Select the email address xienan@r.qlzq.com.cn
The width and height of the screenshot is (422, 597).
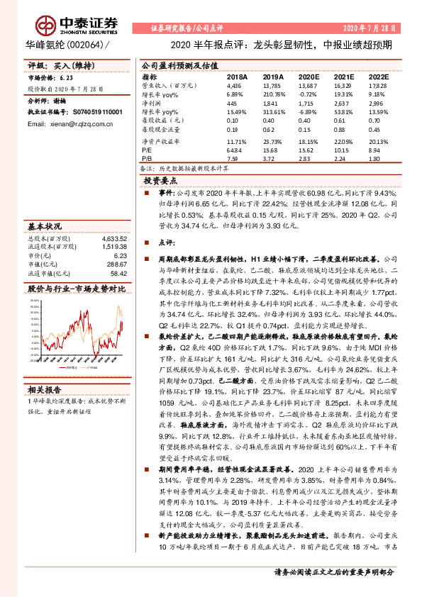(70, 123)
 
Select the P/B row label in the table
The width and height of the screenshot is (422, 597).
(148, 158)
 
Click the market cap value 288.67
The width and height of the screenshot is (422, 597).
(116, 264)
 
